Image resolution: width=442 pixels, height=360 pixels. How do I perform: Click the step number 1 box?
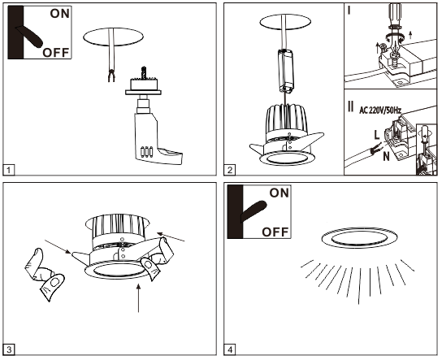pos(8,170)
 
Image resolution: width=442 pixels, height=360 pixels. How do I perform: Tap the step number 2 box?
pos(230,170)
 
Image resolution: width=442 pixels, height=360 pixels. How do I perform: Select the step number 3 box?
pos(8,350)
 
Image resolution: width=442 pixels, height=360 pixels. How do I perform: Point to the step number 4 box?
pos(230,350)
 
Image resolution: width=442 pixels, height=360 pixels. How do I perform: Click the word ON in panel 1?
pos(60,14)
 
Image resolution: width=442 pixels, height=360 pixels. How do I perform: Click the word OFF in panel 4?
pos(275,232)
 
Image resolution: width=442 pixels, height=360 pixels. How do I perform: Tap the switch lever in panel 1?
pos(29,36)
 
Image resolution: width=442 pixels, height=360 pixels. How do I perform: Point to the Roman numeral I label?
pos(349,11)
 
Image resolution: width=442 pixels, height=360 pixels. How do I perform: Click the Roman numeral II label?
pos(351,106)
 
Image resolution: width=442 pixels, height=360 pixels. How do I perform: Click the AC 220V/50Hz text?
pos(380,111)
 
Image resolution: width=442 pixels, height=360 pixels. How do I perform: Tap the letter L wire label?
pos(377,136)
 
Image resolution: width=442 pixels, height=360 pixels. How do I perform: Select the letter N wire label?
pos(386,156)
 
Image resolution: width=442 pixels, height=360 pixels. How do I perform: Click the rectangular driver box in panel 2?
pos(285,70)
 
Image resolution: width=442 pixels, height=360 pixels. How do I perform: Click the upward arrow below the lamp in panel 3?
pos(138,298)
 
